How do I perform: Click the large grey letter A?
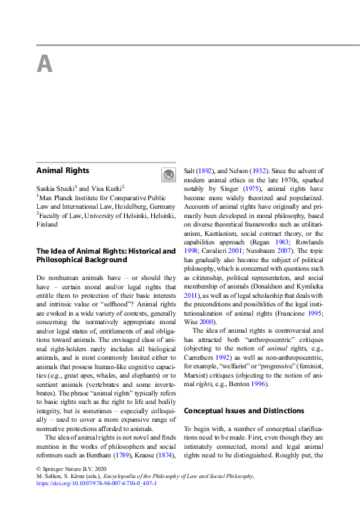pos(44,64)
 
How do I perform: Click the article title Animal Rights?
pos(63,170)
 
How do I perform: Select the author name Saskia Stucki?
pos(58,187)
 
